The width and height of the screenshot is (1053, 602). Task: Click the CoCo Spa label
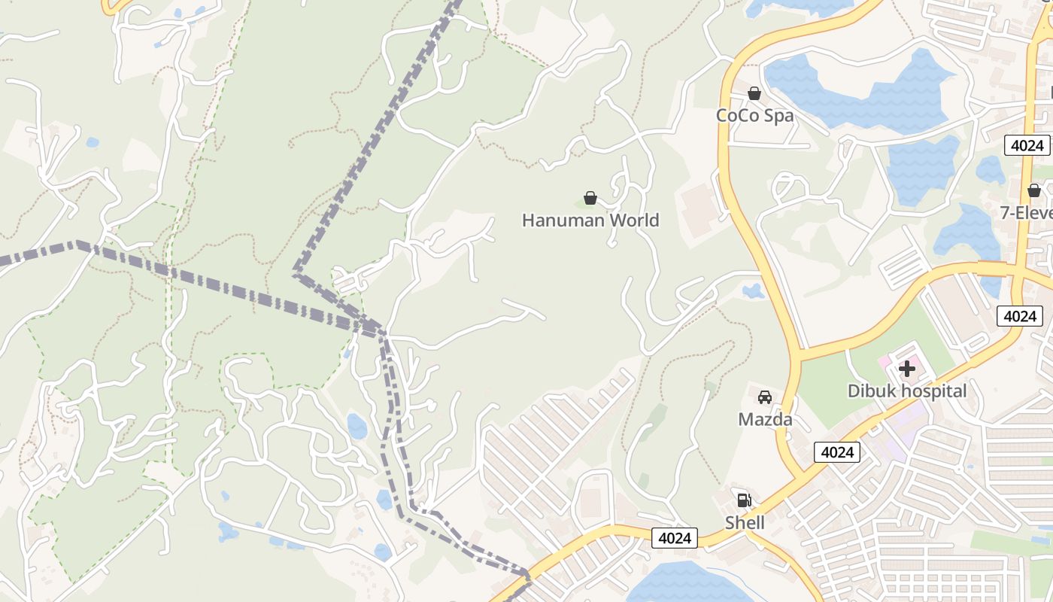tap(754, 116)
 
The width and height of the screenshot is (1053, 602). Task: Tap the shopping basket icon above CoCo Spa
tap(754, 93)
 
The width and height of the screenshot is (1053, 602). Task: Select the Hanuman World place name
tap(590, 220)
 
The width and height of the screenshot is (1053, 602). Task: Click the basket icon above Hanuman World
tap(590, 198)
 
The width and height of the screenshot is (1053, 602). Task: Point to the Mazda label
tap(765, 419)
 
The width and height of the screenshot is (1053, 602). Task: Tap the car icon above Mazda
tap(765, 397)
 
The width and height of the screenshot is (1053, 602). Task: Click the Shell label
tap(745, 522)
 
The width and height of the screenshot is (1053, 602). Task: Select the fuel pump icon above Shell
tap(744, 500)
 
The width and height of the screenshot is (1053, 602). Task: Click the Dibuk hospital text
tap(907, 391)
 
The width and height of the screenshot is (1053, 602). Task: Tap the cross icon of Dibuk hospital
tap(907, 369)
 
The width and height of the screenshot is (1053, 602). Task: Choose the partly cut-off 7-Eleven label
tap(1026, 213)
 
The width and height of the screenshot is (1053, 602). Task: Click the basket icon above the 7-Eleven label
tap(1034, 190)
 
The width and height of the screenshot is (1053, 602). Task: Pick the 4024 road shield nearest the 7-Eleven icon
tap(1027, 145)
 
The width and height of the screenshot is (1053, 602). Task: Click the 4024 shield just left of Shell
tap(675, 538)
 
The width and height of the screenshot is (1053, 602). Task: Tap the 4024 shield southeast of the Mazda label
tap(837, 452)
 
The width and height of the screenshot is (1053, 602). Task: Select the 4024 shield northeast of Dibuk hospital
tap(1020, 316)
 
